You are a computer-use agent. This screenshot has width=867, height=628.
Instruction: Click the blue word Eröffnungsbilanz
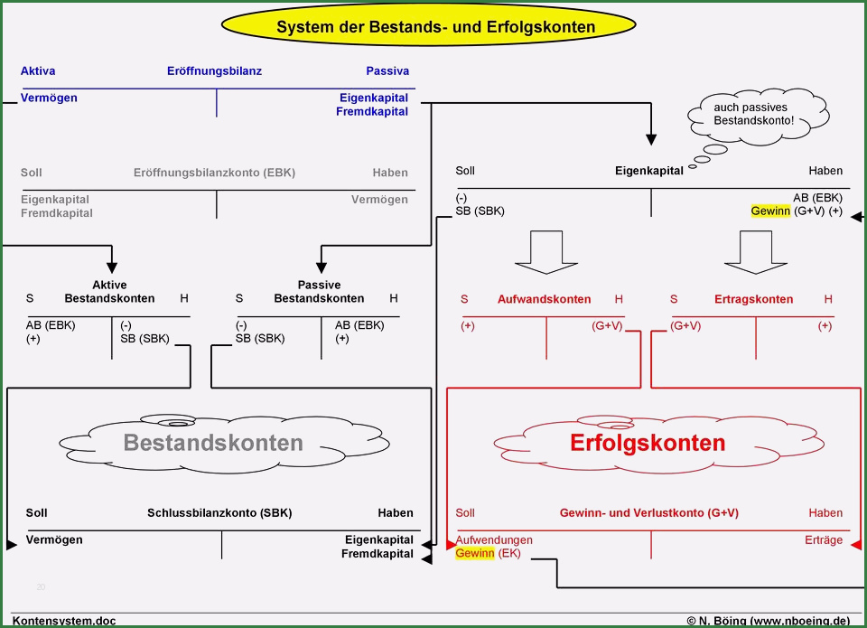coord(214,70)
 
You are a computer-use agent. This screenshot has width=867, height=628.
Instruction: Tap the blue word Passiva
coord(387,70)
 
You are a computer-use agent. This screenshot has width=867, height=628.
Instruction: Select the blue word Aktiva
coord(38,70)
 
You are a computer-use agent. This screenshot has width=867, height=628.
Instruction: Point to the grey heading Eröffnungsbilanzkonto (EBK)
coord(214,173)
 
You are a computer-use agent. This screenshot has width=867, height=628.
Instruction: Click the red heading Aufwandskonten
coord(544,299)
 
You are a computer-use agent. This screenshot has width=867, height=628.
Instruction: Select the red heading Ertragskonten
coord(753,299)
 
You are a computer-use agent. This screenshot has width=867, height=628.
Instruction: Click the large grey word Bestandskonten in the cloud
coord(213,443)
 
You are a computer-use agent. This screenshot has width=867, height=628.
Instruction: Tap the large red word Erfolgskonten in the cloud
coord(648,443)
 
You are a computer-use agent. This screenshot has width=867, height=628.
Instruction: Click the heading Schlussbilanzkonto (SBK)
coord(219,513)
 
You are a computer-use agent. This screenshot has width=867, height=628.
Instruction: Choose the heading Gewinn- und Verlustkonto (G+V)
coord(649,513)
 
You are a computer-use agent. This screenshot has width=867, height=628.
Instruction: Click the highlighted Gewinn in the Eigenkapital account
coord(770,211)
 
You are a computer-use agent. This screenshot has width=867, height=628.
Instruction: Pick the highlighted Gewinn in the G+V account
coord(474,553)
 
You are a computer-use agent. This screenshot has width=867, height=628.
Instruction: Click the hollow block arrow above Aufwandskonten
coord(546,252)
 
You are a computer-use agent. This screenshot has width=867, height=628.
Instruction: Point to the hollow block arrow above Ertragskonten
coord(755,252)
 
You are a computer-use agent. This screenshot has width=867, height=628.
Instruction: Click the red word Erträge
coord(824,540)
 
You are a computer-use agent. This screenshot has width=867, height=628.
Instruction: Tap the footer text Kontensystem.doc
coord(64,622)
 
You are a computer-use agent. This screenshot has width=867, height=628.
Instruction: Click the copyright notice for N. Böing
coord(769,622)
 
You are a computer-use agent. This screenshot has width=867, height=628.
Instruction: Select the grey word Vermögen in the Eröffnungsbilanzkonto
coord(379,200)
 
